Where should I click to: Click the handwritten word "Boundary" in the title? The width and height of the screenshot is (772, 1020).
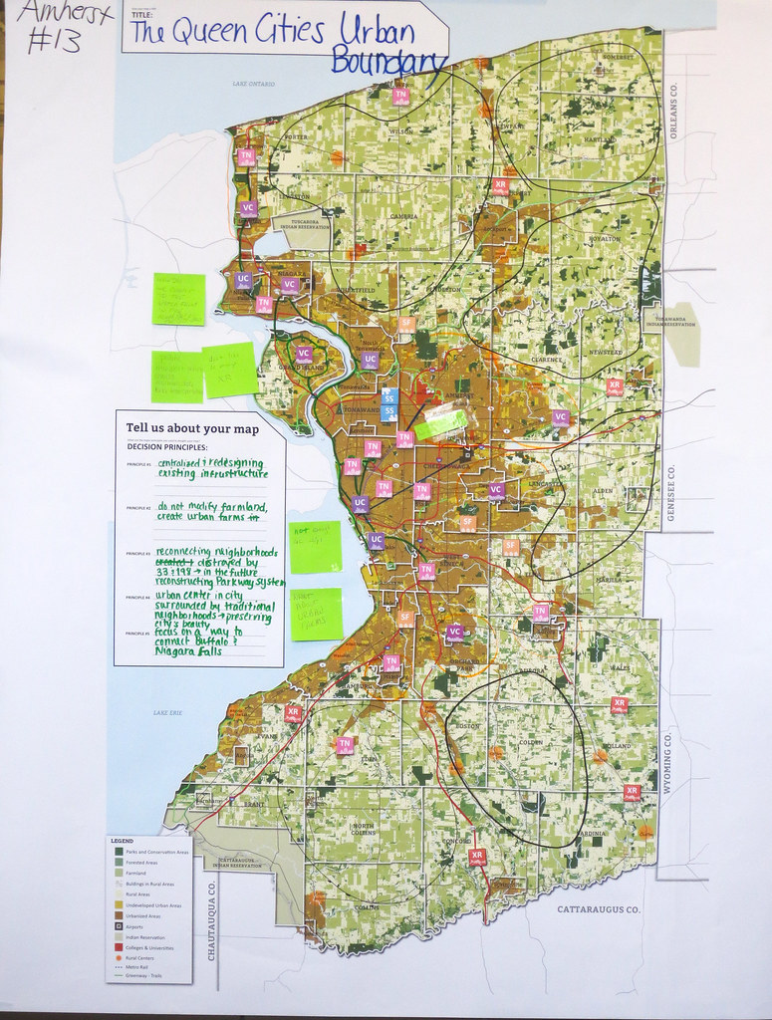point(388,61)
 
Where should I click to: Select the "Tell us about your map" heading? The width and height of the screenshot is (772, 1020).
point(191,428)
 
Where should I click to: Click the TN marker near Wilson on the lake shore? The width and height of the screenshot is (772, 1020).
point(400,96)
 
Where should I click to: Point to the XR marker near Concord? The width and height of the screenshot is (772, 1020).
point(477,855)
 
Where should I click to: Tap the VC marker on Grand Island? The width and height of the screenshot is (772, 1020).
point(304,354)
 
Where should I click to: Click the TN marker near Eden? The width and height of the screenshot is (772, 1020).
point(345,744)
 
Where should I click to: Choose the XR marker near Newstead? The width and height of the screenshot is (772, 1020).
point(615,384)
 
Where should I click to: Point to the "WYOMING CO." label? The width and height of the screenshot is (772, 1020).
point(668,762)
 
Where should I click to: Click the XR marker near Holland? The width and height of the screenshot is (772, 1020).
point(619,704)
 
